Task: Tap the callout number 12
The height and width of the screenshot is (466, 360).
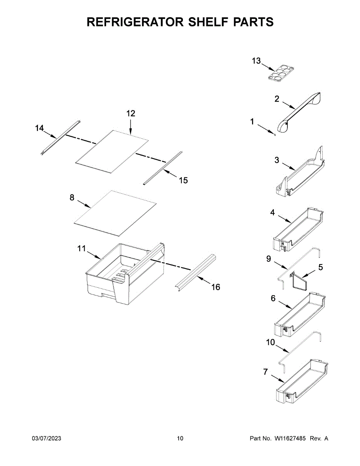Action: [x=130, y=113]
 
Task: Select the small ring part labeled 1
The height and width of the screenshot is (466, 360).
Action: [x=275, y=135]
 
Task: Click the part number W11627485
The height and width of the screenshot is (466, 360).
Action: [x=290, y=438]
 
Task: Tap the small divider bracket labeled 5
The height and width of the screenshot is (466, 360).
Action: [x=299, y=280]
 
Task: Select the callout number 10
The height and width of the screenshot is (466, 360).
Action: [x=270, y=343]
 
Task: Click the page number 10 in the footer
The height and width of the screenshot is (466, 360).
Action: [x=180, y=438]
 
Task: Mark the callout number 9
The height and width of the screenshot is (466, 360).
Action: [x=269, y=259]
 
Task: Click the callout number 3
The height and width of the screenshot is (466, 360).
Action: [x=277, y=160]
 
